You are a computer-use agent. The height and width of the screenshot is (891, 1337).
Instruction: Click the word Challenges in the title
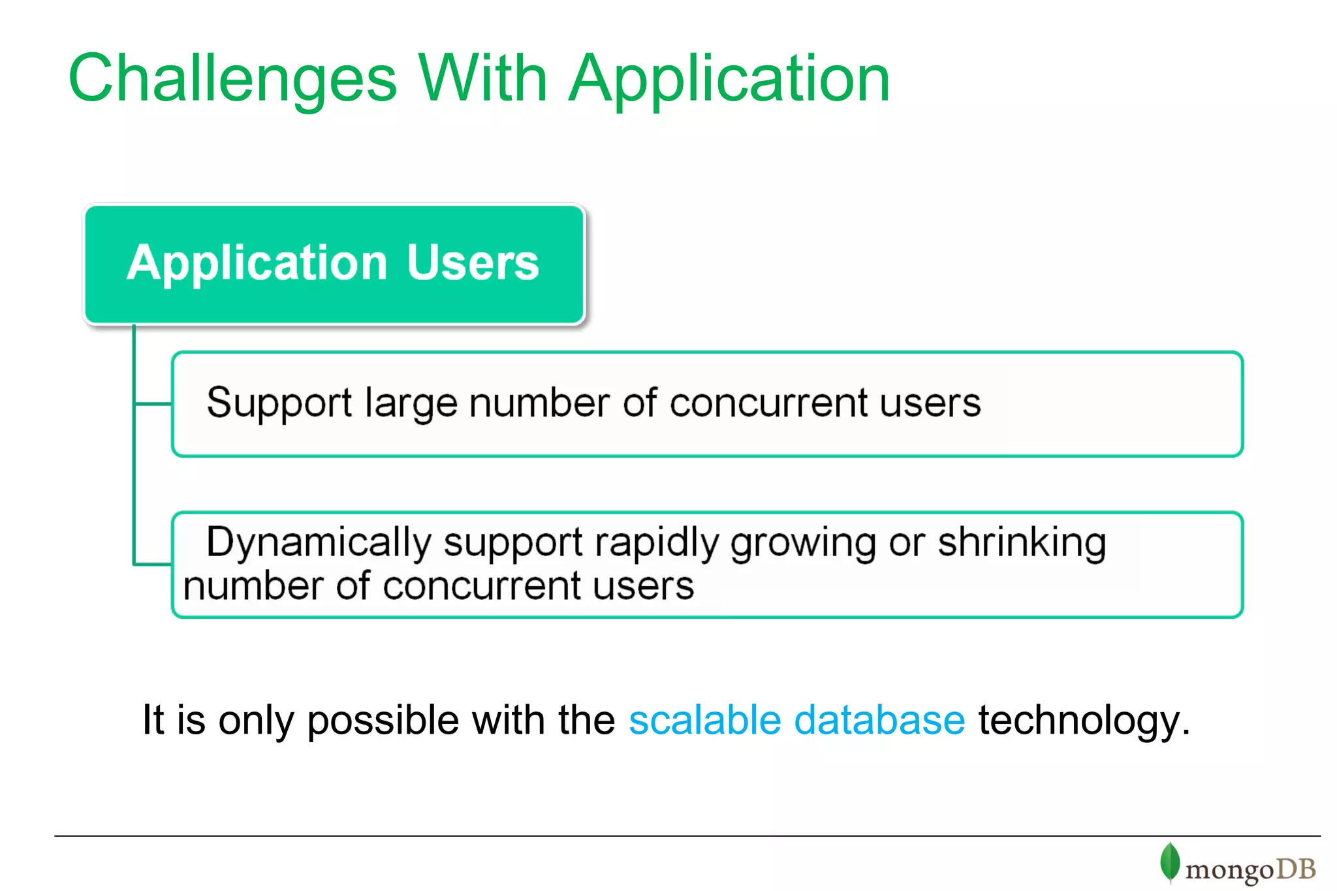point(232,80)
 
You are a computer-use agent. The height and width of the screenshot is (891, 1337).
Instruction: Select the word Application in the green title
point(729,80)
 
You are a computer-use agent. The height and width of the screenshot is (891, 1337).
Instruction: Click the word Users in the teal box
point(473,263)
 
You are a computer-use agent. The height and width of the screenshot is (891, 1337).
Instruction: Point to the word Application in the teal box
point(257,263)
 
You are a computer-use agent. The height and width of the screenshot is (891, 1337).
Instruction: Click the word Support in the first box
point(279,403)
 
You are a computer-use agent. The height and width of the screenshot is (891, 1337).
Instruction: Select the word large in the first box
point(411,403)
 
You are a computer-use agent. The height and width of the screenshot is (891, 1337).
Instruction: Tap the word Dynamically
point(319,542)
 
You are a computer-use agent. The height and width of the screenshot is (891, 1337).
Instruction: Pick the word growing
point(803,542)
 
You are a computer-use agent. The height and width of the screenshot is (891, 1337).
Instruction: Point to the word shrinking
point(1022,542)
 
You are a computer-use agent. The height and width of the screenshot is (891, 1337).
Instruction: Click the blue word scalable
point(704,720)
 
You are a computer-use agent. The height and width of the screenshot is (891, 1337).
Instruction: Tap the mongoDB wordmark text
point(1250,869)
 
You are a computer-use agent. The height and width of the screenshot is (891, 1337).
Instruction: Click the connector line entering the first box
point(153,404)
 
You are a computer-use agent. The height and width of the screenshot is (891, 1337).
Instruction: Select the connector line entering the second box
point(153,564)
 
